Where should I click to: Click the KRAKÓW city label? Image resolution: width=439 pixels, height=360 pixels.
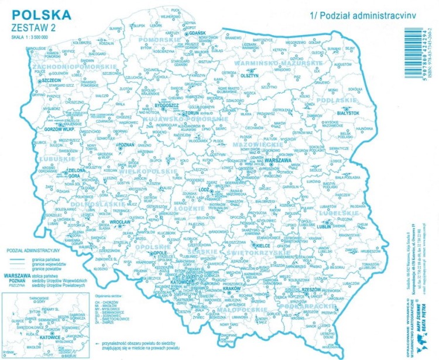coord(232,289)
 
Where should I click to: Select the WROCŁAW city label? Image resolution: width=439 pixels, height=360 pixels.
coord(119,222)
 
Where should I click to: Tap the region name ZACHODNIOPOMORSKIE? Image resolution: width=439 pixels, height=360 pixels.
coord(76,67)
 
